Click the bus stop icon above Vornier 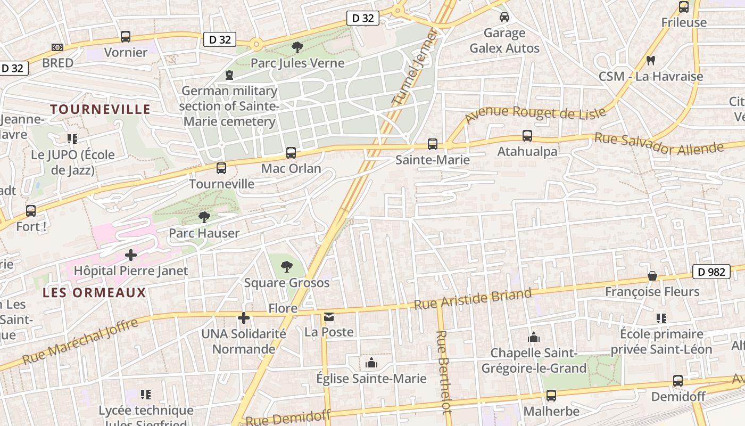(x=126, y=37)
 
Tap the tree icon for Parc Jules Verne (x=297, y=47)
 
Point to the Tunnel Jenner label (x=415, y=67)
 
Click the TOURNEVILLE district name (x=101, y=109)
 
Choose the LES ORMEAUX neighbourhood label (x=94, y=292)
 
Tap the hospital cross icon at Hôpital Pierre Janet (x=131, y=255)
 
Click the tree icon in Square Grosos (x=287, y=266)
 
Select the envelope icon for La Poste (x=329, y=317)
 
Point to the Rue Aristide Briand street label (x=473, y=299)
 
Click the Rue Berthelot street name (x=444, y=372)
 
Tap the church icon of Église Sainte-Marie (x=371, y=363)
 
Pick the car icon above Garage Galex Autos (x=504, y=17)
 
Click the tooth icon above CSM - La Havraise (x=650, y=60)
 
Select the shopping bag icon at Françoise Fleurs (x=652, y=276)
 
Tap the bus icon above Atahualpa (x=527, y=136)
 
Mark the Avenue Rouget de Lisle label (x=535, y=114)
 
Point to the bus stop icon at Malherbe (x=551, y=396)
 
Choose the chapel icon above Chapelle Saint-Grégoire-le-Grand (x=534, y=337)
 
